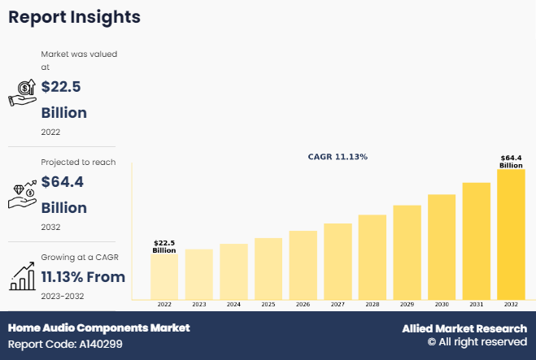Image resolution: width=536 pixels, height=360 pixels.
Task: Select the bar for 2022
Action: point(164,276)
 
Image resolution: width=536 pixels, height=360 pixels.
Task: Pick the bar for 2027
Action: point(338,261)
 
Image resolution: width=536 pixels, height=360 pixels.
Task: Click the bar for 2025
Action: point(268,268)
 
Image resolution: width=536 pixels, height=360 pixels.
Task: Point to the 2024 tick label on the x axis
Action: point(233,304)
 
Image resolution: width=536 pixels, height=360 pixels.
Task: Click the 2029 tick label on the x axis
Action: point(407,304)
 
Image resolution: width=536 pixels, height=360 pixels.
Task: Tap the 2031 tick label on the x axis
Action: point(477,304)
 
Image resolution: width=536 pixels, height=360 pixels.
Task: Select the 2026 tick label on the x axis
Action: point(303,304)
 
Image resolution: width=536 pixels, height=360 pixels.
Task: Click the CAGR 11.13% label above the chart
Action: point(338,156)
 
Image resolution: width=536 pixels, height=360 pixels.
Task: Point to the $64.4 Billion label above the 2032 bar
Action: point(511,161)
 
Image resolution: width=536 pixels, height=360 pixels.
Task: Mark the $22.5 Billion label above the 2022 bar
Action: point(164,246)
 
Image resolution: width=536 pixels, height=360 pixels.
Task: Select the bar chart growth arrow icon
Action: point(22,277)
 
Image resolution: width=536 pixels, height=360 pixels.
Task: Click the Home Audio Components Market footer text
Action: point(98,327)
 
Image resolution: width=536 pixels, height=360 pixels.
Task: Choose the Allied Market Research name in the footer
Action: point(464,328)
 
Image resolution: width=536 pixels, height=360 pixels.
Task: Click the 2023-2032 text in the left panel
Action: point(63,296)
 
